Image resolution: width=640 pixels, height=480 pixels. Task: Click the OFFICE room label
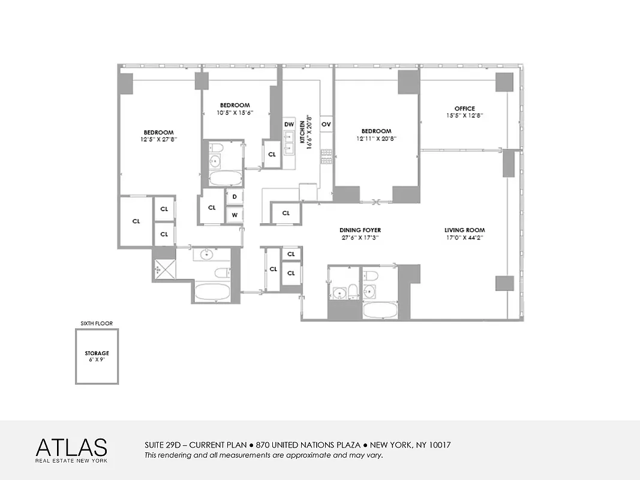[464, 109]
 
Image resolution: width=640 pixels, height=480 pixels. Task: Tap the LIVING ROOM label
[464, 230]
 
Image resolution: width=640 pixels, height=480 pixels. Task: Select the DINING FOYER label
[360, 230]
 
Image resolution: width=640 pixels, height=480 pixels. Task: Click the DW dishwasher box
[289, 124]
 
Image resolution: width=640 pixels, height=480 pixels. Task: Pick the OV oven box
[326, 124]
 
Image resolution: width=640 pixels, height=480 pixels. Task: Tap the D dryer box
[235, 196]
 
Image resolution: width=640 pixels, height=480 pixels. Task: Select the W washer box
[235, 215]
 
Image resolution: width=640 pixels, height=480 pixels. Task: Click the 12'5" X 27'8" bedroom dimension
[158, 140]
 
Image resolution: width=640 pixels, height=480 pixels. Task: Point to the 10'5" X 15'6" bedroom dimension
[235, 112]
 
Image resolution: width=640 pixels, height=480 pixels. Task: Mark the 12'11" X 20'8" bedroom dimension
[376, 139]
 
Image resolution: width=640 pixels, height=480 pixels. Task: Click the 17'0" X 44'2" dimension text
[464, 237]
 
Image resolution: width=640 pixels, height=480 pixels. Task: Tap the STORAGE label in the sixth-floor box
[97, 353]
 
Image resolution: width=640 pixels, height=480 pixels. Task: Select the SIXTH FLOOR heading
[97, 323]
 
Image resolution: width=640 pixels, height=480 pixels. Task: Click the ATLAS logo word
[71, 448]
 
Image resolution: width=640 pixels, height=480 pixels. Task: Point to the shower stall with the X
[164, 269]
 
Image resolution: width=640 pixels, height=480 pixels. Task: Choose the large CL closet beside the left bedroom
[136, 221]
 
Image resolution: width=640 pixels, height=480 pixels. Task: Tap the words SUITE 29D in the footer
[162, 445]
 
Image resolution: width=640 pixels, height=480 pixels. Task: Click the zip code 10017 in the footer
[438, 445]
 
